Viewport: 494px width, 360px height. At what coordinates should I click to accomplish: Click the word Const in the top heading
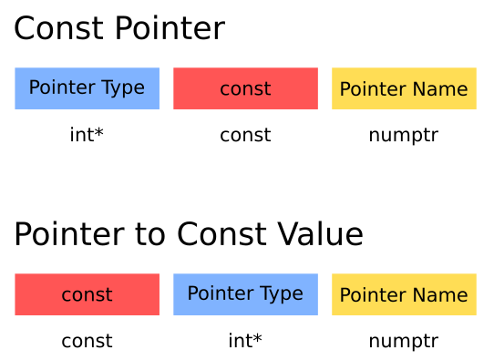coord(60,29)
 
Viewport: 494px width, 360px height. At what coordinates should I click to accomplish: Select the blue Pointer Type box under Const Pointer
coord(87,88)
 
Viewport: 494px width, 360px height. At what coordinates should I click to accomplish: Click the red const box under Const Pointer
coord(245,88)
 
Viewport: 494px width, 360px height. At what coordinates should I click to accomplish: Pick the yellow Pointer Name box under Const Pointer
coord(404,88)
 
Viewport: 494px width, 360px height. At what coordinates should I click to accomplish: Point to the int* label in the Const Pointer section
coord(87,136)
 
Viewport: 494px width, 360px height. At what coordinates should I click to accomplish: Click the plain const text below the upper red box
coord(245,136)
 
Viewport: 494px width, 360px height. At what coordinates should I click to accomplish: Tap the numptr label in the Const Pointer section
coord(404,136)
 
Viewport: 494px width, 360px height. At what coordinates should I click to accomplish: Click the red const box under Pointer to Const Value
coord(87,294)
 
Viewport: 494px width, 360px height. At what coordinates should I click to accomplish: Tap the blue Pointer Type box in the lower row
coord(245,294)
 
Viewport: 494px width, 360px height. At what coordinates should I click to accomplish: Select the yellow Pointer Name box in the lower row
coord(404,294)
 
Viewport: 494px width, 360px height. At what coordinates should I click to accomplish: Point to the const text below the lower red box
coord(87,342)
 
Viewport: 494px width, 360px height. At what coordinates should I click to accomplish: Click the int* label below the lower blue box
coord(245,342)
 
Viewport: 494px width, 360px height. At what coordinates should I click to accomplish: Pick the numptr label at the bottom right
coord(404,342)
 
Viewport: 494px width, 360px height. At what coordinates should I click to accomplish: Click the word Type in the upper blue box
coord(123,88)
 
